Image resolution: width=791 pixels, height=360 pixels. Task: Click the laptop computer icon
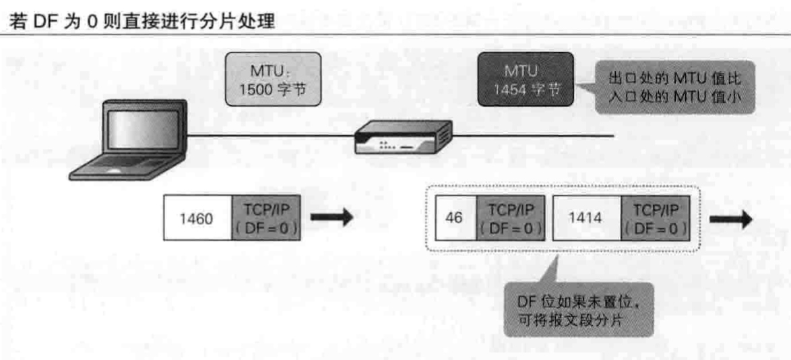point(128,142)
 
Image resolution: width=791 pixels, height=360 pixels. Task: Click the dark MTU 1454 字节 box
point(526,80)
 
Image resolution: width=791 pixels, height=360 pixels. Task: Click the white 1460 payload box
point(198,218)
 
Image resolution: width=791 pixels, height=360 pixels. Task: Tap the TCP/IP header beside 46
point(509,220)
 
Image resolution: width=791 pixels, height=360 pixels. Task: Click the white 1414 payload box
point(586,220)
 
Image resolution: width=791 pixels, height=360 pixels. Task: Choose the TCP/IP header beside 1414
point(655,220)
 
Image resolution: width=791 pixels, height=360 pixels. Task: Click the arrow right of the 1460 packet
point(331,218)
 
